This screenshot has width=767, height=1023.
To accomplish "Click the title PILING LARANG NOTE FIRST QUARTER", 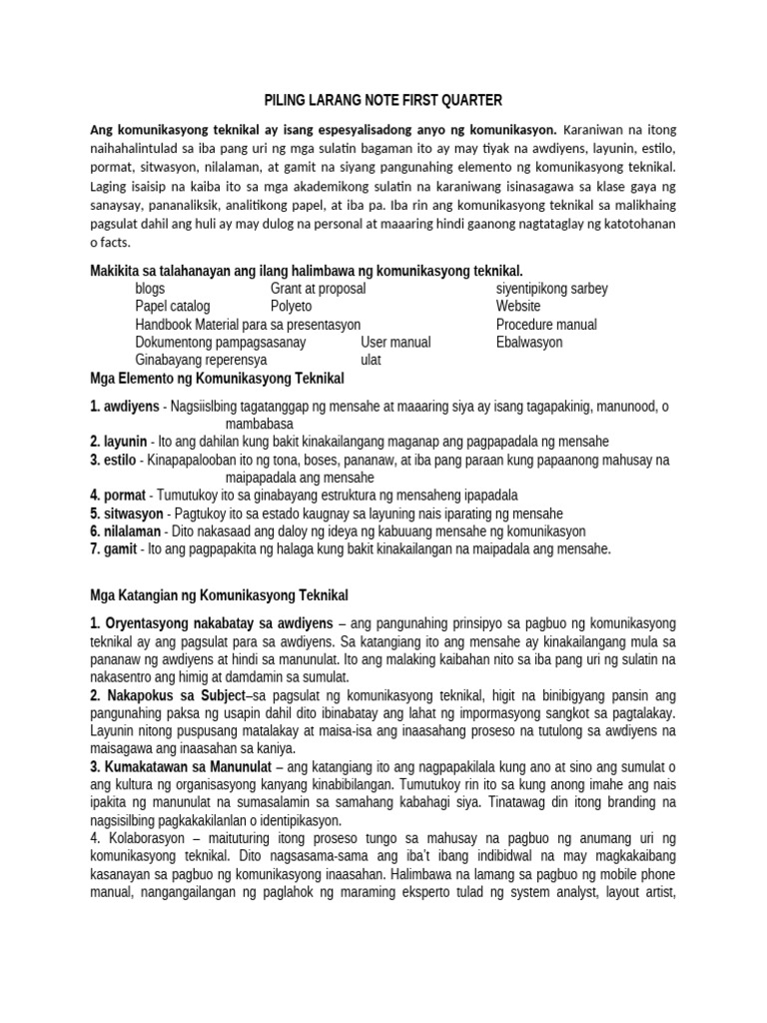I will (x=383, y=101).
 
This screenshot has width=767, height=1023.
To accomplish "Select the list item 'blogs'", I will (x=151, y=289).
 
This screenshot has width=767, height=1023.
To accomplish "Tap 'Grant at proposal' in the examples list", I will (x=319, y=289).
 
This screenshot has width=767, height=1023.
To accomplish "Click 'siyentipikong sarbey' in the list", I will (x=552, y=289).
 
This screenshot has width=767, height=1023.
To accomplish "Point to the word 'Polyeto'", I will (x=292, y=307).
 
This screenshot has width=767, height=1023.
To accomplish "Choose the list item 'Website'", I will (x=518, y=307).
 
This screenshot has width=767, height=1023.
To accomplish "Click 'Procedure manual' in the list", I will (x=546, y=325).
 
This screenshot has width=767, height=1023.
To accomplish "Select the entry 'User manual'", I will (x=396, y=343).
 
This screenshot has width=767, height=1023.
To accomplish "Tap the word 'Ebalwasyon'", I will (x=529, y=343).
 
